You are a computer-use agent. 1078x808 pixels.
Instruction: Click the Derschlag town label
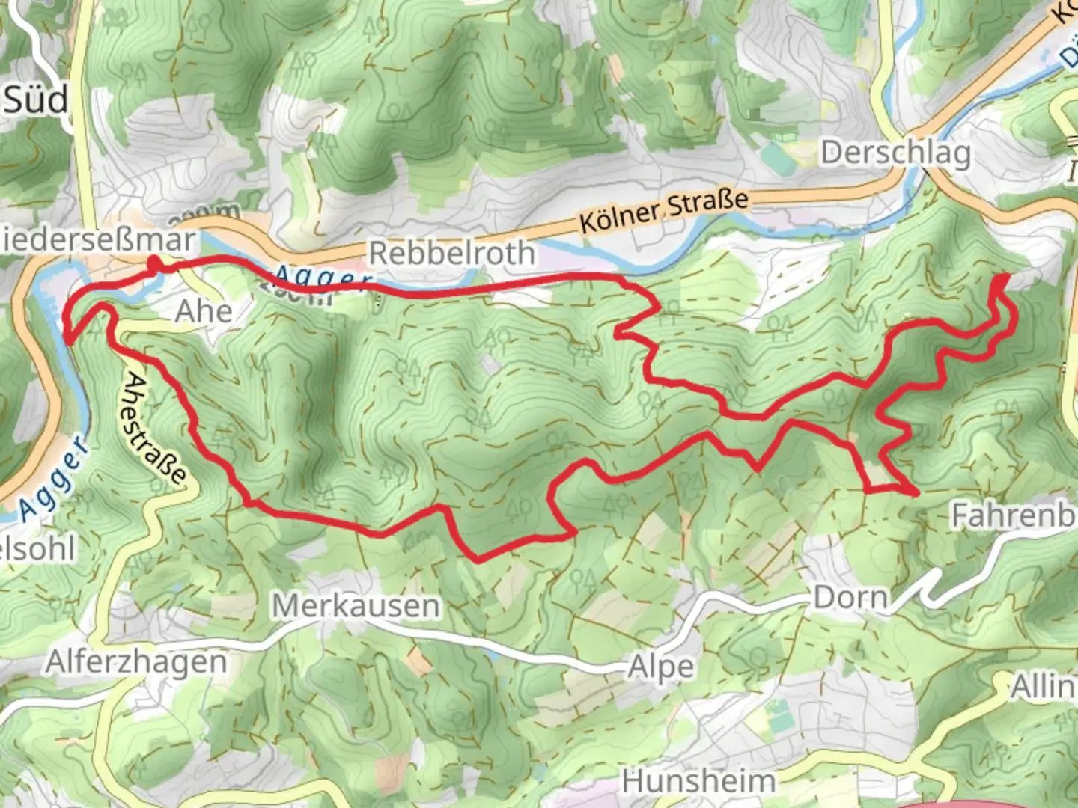[895, 153]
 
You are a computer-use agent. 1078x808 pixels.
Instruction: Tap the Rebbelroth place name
[451, 253]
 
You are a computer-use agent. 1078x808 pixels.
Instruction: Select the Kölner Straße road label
[664, 210]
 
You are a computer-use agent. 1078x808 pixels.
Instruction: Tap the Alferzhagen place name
[136, 662]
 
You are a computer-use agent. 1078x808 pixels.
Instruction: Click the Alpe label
[661, 667]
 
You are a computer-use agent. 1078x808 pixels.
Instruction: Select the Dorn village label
[850, 597]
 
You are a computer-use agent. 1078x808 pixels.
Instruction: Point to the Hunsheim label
[698, 781]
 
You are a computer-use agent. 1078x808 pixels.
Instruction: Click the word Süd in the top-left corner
[36, 100]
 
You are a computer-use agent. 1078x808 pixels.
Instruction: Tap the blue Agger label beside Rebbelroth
[322, 279]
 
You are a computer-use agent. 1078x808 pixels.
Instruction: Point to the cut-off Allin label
[1043, 686]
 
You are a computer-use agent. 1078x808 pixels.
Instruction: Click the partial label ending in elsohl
[37, 549]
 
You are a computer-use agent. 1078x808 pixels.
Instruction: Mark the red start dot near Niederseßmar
[153, 263]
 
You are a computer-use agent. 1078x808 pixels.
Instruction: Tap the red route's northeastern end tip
[1003, 278]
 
